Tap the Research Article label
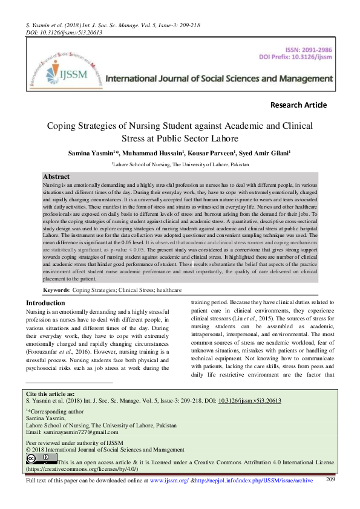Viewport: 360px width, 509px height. click(x=298, y=105)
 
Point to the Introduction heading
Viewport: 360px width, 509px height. click(x=45, y=303)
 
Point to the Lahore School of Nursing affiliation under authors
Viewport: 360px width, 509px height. click(x=180, y=164)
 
